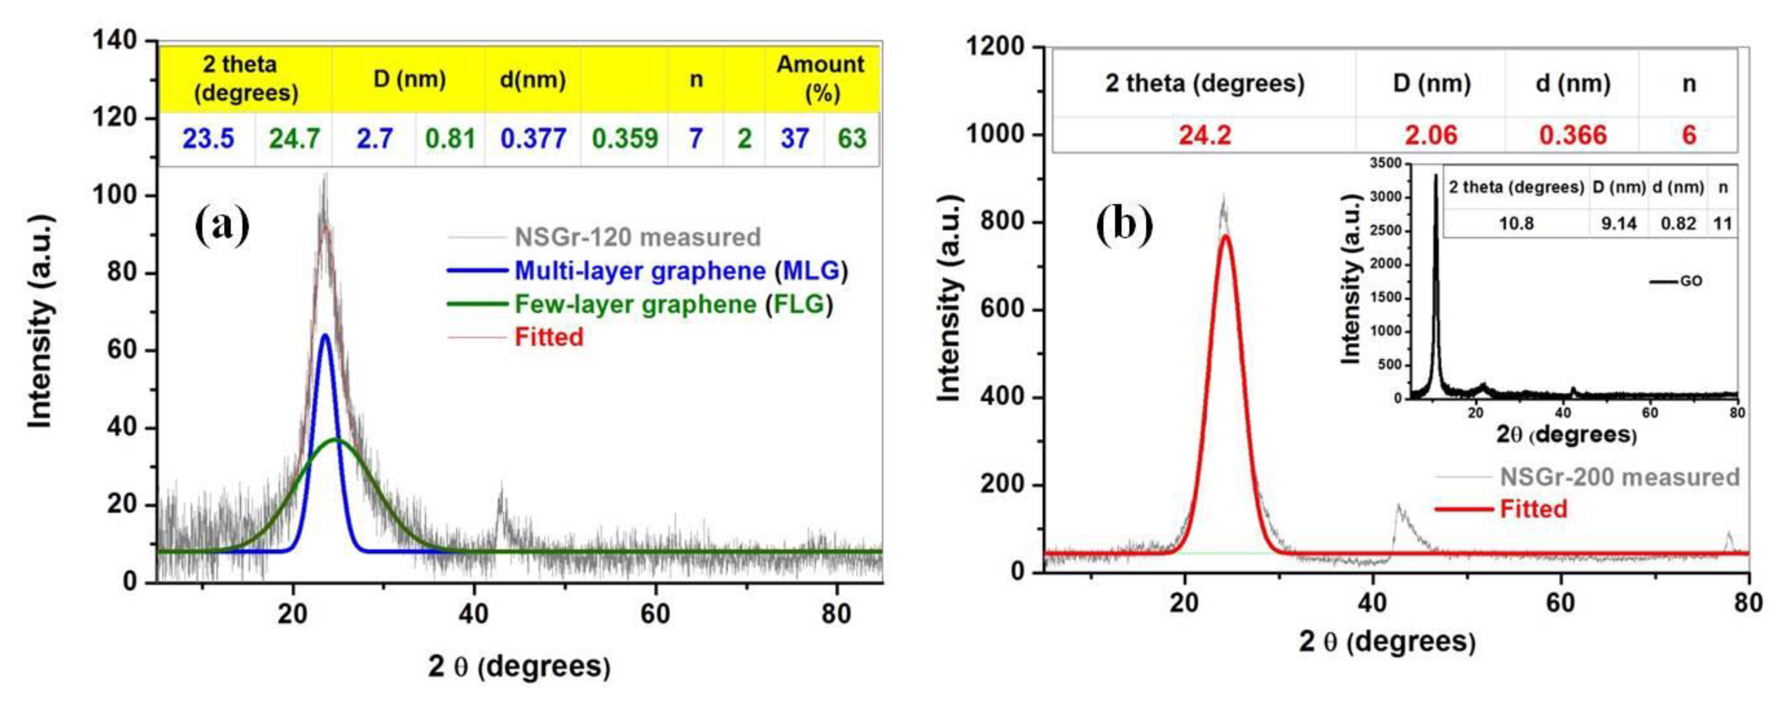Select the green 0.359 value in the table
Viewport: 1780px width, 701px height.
point(625,139)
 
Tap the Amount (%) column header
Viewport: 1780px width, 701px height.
point(821,78)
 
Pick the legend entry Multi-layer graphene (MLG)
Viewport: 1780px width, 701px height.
point(681,271)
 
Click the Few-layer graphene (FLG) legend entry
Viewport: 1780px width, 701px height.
point(674,304)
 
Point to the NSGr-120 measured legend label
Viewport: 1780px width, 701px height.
point(637,237)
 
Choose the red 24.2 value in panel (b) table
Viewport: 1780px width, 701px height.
point(1205,135)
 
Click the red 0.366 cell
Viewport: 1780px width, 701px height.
point(1573,135)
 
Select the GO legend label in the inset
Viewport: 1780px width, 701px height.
point(1690,281)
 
